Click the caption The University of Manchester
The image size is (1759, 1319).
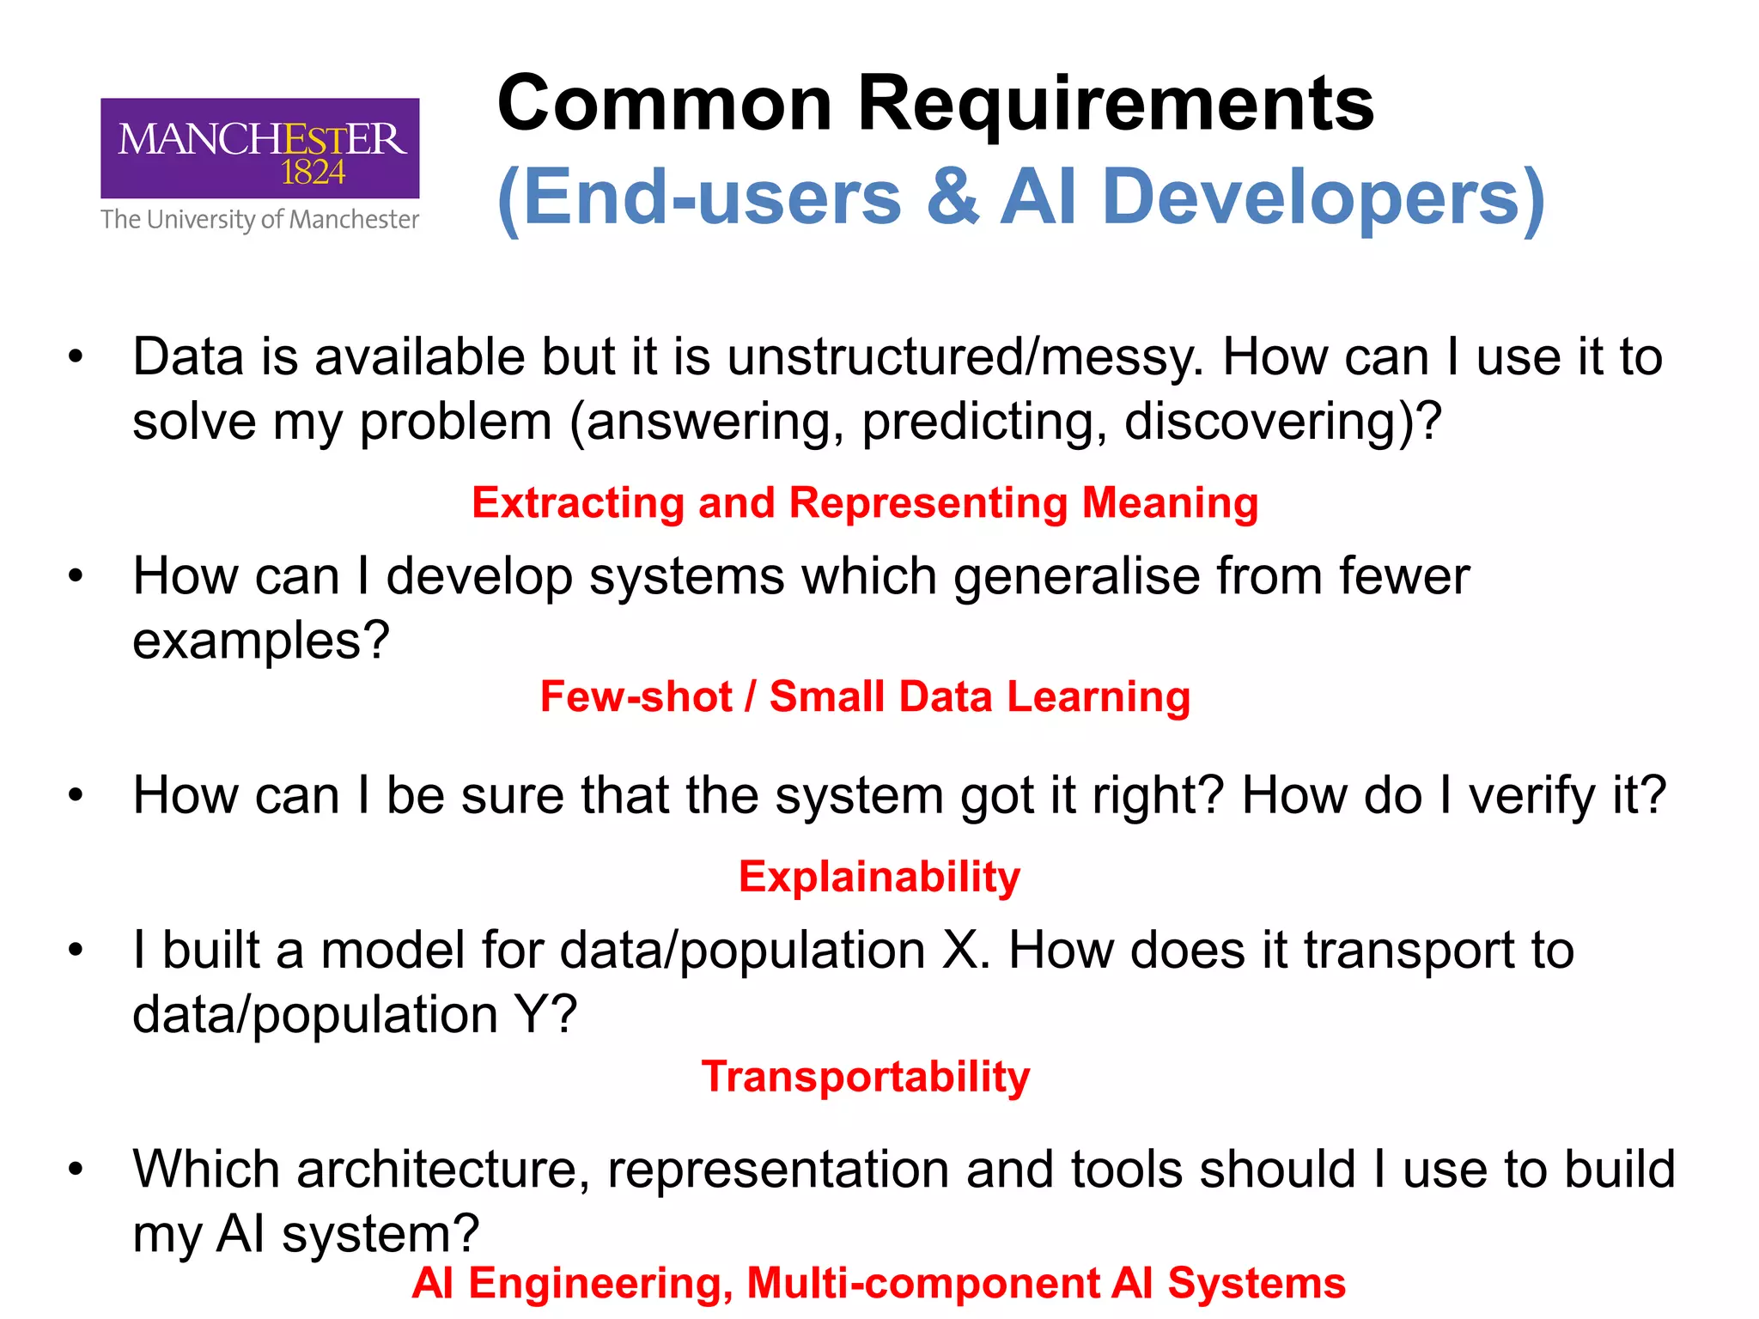[259, 220]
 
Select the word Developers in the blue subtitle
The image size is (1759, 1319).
[1323, 198]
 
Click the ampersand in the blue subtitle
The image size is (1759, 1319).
[952, 198]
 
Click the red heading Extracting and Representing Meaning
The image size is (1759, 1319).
[865, 502]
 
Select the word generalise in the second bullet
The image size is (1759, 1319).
[1137, 576]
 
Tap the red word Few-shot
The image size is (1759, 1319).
[636, 696]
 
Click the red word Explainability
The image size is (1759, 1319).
[879, 877]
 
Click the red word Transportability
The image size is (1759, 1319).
[865, 1077]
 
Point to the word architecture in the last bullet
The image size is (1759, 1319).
[442, 1170]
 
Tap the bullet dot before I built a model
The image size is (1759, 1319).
[76, 951]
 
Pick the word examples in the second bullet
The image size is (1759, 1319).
[251, 641]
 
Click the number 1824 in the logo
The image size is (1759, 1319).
[313, 173]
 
